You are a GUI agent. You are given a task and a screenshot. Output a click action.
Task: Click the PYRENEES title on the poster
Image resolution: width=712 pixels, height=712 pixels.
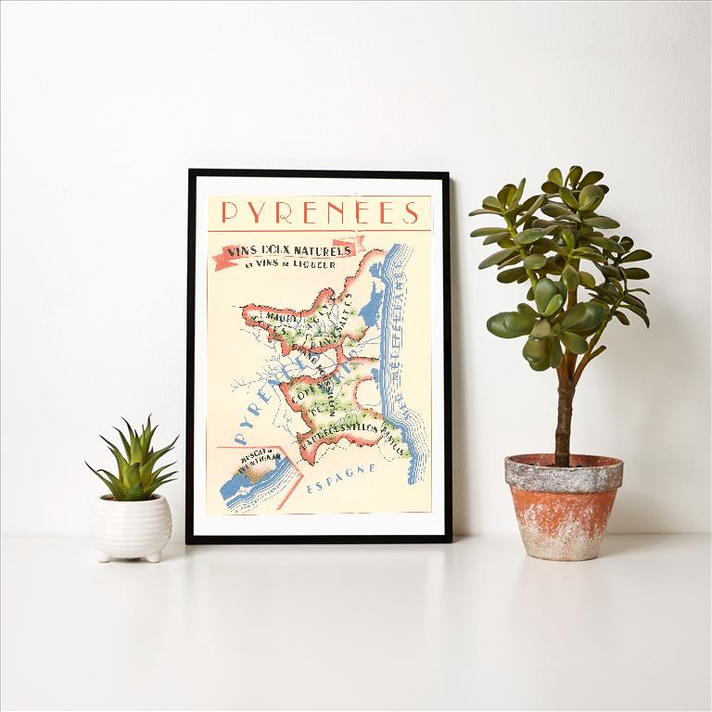tap(320, 214)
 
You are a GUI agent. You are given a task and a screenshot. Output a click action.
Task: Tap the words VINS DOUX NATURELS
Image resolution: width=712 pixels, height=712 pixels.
tap(287, 251)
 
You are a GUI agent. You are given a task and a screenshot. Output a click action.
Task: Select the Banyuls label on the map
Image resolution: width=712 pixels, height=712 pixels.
tap(397, 441)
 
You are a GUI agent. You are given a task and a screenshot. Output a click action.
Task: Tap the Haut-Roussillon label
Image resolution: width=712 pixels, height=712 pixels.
tap(334, 430)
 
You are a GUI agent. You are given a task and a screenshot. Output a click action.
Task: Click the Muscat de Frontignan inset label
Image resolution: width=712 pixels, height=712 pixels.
tap(245, 459)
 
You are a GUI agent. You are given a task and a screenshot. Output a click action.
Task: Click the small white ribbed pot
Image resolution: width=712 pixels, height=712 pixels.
tap(131, 526)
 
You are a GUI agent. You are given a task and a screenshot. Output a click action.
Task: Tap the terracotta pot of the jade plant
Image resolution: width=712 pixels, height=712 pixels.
tap(563, 505)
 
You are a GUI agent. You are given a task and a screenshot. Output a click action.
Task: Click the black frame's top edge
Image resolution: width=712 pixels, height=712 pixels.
tap(319, 172)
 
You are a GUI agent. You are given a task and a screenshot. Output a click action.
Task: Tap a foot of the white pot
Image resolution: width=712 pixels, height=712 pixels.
tap(104, 555)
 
